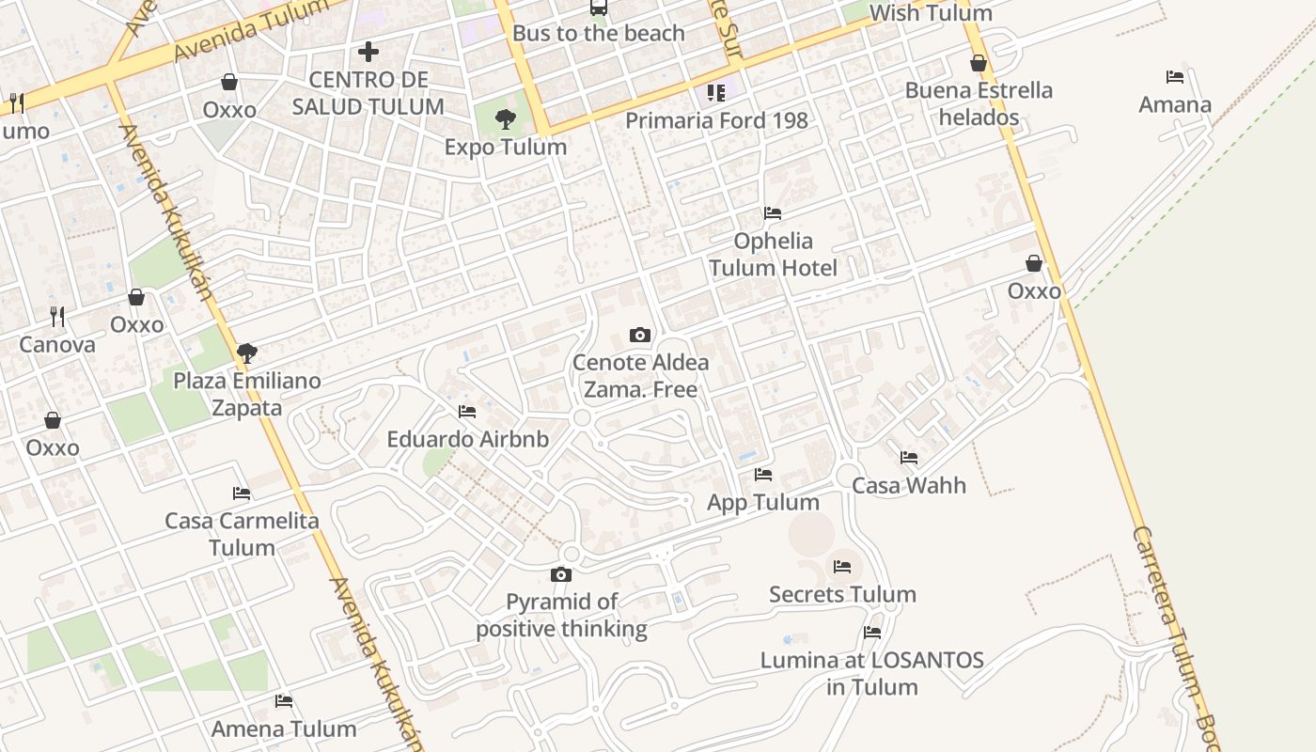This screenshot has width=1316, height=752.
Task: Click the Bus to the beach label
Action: pos(598,34)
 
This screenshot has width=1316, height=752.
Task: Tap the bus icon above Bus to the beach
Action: pos(598,8)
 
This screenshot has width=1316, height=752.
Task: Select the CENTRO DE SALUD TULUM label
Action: pos(368,93)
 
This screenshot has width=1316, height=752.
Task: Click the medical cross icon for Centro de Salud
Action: pos(368,52)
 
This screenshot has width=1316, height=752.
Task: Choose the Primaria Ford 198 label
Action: pos(716,120)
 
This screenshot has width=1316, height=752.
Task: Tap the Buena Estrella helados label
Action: pos(979,103)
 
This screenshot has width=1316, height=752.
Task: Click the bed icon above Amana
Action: pos(1175,77)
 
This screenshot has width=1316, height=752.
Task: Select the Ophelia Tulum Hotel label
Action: pos(773,254)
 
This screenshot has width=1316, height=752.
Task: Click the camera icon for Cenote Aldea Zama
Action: pos(640,336)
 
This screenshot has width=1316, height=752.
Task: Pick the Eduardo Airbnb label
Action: pos(468,439)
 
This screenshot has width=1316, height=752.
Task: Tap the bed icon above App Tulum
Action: pos(763,475)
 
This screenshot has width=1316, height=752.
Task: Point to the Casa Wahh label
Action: pos(909,485)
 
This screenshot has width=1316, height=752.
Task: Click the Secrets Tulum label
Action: pos(842,594)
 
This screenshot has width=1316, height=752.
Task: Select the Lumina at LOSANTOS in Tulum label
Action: pos(872,673)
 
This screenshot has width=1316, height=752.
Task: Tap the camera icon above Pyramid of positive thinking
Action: pos(561,575)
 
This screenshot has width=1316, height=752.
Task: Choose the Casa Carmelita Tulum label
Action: pos(242,534)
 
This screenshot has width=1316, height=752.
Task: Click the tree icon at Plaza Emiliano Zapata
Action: pos(247,354)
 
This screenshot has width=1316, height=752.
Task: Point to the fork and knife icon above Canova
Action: pos(57,317)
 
